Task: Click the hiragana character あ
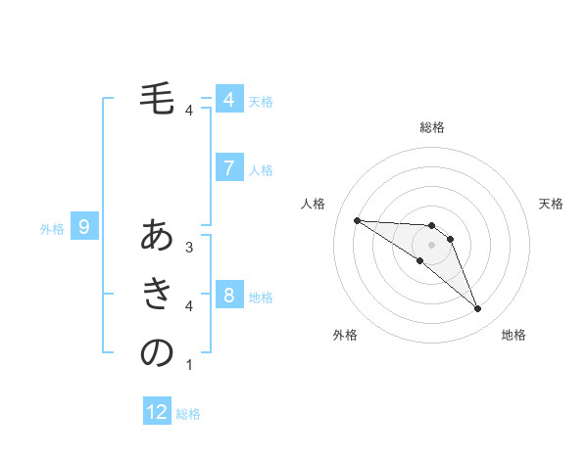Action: pos(157,236)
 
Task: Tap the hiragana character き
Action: pos(157,294)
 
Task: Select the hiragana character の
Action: pos(157,352)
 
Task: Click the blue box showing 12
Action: pos(157,412)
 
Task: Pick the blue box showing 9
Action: pos(84,228)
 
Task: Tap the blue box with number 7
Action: pos(228,168)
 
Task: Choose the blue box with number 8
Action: pos(228,296)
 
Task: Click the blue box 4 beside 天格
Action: pos(228,100)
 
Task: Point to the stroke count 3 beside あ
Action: pos(189,248)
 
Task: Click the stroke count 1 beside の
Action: pos(189,365)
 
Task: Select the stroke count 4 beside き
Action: pos(189,306)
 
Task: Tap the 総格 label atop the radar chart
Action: pos(432,127)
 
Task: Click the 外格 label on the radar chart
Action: pos(345,335)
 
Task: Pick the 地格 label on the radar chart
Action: pos(514,335)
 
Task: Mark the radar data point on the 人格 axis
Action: pos(357,220)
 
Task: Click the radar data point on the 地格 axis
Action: pos(478,309)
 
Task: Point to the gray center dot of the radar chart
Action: pos(432,245)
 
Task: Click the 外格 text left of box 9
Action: pos(52,229)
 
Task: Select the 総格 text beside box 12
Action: pos(188,414)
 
